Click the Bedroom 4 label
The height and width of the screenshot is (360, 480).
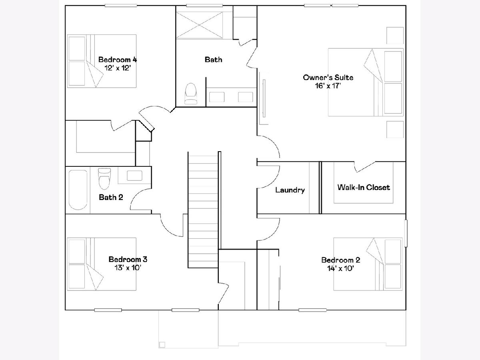click(118, 60)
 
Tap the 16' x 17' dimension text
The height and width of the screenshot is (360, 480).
click(328, 86)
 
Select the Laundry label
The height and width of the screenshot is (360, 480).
click(290, 190)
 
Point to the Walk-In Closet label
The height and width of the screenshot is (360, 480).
click(364, 187)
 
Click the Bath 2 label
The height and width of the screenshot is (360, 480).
click(111, 197)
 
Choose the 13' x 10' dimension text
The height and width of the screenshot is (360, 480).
click(128, 268)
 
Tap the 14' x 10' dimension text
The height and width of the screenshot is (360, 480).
click(340, 268)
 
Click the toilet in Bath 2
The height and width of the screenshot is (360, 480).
click(104, 178)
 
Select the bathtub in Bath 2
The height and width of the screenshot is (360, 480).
click(78, 190)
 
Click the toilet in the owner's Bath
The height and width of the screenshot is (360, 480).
click(191, 94)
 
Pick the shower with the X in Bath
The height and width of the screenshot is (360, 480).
click(200, 25)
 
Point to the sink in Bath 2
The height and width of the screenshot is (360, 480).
click(134, 176)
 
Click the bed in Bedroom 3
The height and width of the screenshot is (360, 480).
click(102, 264)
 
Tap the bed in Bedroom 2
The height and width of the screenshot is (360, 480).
click(368, 264)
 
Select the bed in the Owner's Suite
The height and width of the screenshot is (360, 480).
click(366, 82)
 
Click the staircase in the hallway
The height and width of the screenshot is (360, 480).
click(203, 210)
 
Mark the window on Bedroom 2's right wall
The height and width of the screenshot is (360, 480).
click(406, 233)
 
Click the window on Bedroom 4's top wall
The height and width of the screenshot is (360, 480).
click(121, 6)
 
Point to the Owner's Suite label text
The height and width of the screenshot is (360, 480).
click(328, 77)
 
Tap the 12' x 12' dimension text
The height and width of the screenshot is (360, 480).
click(118, 68)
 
